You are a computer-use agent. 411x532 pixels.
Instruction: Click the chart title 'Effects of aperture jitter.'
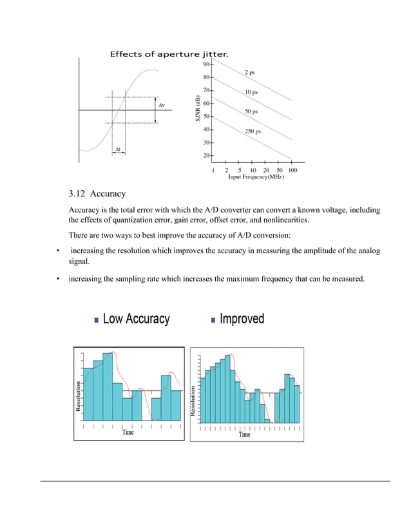pyautogui.click(x=169, y=54)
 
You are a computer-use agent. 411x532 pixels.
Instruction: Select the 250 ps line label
pyautogui.click(x=253, y=131)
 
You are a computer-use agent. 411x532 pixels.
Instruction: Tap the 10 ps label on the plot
pyautogui.click(x=252, y=92)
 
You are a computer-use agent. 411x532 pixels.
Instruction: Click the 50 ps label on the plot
pyautogui.click(x=251, y=111)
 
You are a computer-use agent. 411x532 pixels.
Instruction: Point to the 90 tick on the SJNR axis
pyautogui.click(x=206, y=64)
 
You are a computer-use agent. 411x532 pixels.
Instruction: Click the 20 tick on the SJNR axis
pyautogui.click(x=206, y=156)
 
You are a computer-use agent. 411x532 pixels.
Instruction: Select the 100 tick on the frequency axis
pyautogui.click(x=292, y=171)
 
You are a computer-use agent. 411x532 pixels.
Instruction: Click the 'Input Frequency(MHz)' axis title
pyautogui.click(x=256, y=177)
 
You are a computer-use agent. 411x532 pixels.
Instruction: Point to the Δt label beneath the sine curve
pyautogui.click(x=118, y=149)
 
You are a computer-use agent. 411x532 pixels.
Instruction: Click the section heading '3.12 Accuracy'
pyautogui.click(x=97, y=194)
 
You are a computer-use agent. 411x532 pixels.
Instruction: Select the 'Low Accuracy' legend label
pyautogui.click(x=136, y=319)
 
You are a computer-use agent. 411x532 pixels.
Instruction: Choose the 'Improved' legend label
pyautogui.click(x=242, y=319)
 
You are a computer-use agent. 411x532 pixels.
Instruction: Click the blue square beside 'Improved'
pyautogui.click(x=214, y=319)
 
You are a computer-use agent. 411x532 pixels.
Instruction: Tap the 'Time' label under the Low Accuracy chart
pyautogui.click(x=128, y=433)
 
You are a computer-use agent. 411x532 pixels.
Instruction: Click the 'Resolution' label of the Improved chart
pyautogui.click(x=194, y=401)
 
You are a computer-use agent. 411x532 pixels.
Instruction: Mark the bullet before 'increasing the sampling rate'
pyautogui.click(x=58, y=279)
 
